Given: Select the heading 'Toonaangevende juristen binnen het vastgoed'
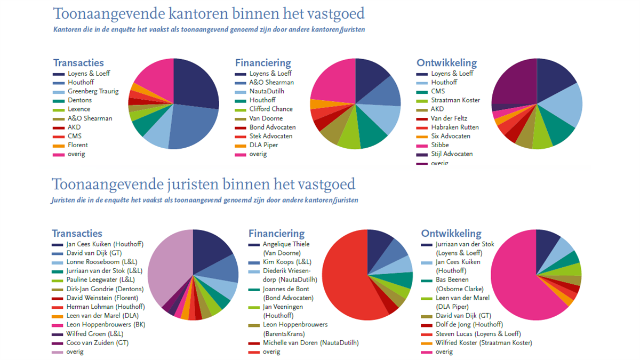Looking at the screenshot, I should pos(203,185).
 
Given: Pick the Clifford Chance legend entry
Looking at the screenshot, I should pos(271,109).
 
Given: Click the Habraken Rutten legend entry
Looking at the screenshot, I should pos(455,127).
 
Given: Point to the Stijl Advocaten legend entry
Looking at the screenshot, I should pos(452,154).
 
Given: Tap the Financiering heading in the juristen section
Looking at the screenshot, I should pos(276,234).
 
